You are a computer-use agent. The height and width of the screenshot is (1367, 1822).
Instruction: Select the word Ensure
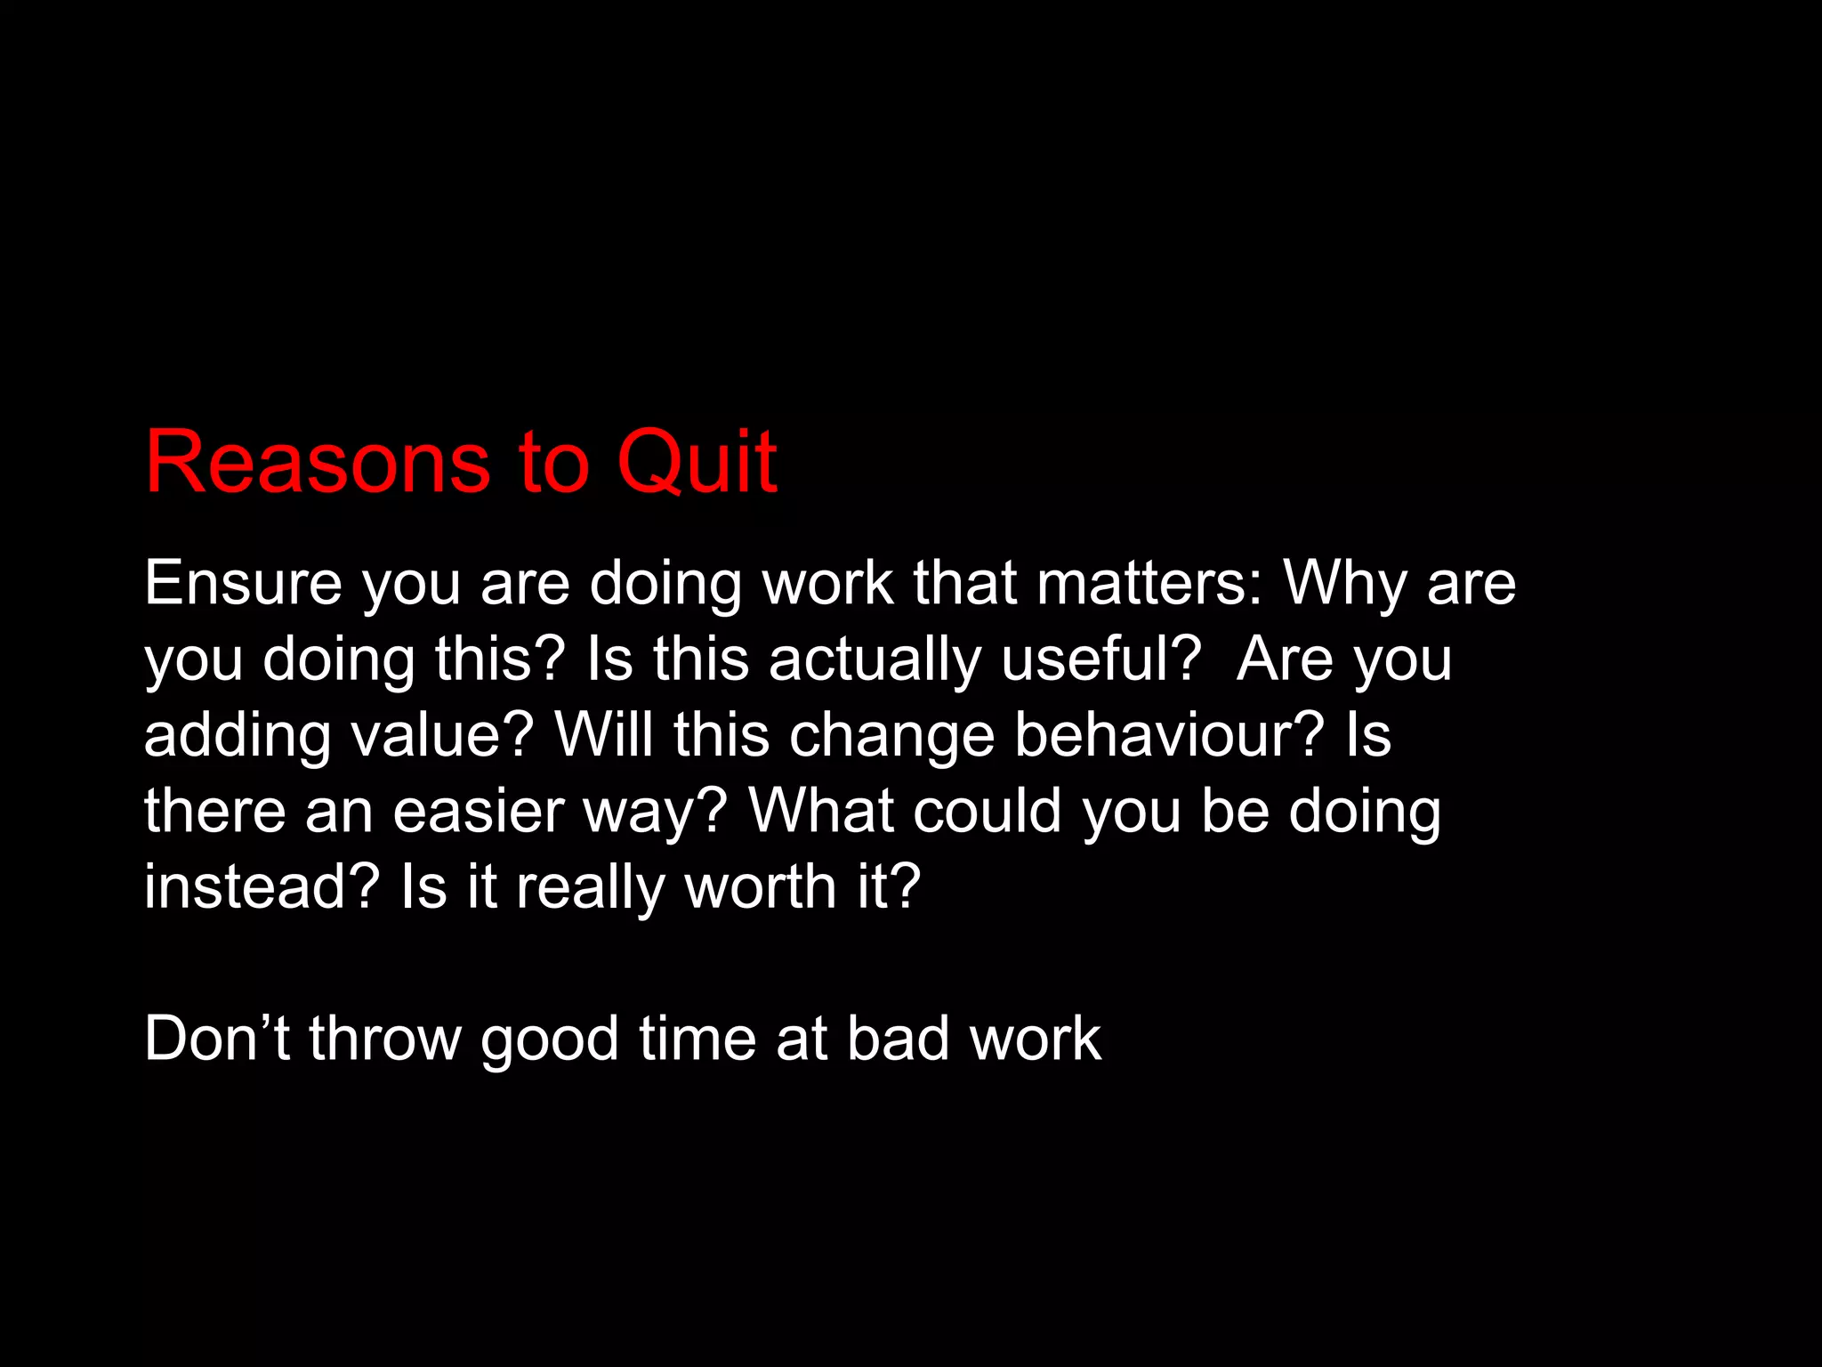243,583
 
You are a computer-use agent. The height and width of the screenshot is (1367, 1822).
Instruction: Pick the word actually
875,660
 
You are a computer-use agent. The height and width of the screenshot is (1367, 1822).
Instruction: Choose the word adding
238,737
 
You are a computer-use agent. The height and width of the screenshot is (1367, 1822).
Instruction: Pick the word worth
761,886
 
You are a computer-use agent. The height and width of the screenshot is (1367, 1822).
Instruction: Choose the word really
590,888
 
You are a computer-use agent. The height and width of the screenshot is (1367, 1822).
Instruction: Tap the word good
550,1039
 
